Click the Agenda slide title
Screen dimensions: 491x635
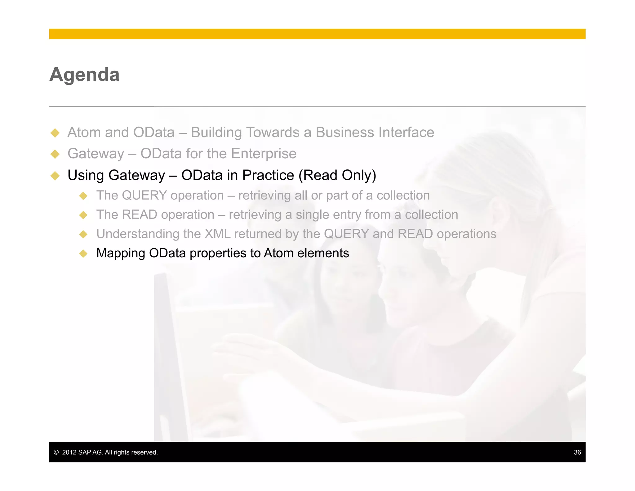click(84, 75)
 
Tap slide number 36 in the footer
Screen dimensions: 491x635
click(577, 452)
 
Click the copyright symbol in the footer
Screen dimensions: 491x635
click(56, 452)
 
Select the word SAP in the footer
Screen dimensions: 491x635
click(85, 452)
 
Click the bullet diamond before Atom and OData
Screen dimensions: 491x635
click(55, 133)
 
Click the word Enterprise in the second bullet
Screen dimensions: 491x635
click(264, 154)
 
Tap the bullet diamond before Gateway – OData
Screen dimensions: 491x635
click(55, 154)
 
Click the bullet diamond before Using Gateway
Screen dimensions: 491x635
click(55, 176)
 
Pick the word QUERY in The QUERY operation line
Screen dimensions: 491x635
click(144, 196)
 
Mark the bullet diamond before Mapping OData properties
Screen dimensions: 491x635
click(83, 254)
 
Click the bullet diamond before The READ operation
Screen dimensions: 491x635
click(83, 215)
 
